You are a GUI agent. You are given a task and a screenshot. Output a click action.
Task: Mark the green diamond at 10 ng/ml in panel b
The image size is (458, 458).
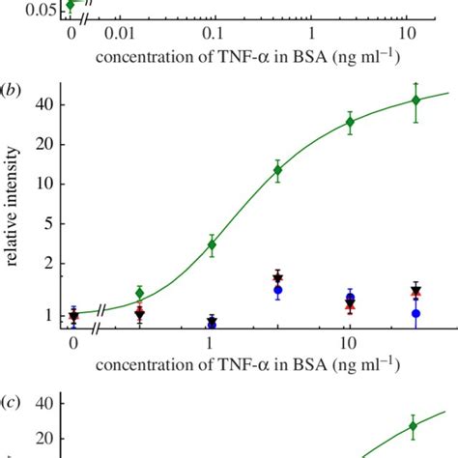pos(350,122)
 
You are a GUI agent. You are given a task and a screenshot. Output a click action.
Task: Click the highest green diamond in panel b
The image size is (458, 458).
pos(415,100)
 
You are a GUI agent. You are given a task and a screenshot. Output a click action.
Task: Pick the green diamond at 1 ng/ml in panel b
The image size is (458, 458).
pos(212,244)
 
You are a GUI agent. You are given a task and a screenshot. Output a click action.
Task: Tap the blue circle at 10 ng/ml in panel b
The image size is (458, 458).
pos(350,299)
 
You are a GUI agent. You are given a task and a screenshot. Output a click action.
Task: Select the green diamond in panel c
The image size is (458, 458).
pos(413,426)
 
